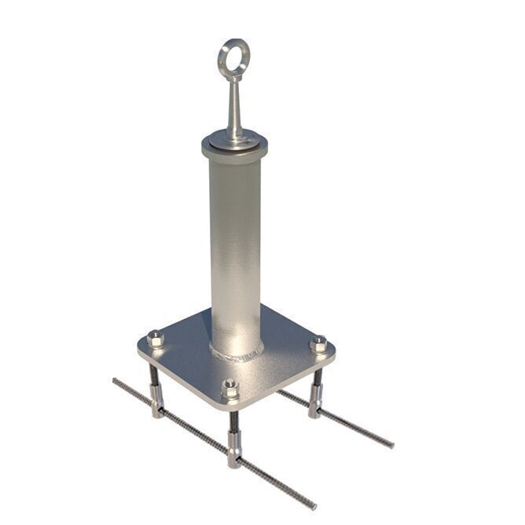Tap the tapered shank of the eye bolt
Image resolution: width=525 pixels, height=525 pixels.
click(234, 106)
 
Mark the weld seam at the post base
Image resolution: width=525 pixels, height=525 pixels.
click(236, 354)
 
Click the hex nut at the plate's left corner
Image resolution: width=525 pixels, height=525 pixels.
click(156, 340)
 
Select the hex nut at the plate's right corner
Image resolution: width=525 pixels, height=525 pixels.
click(318, 344)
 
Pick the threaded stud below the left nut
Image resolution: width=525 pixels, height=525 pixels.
click(156, 384)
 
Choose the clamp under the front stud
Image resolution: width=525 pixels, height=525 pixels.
click(234, 455)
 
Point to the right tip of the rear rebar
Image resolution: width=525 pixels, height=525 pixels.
click(391, 445)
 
